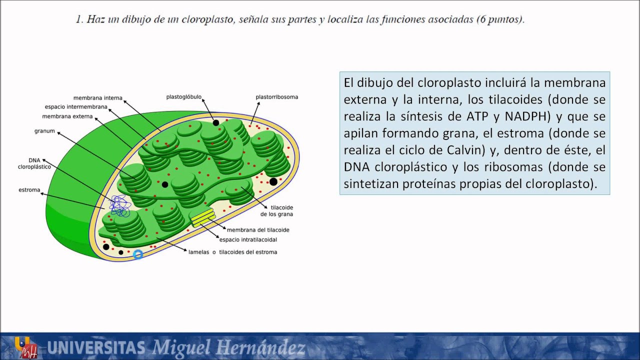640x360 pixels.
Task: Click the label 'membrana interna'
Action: click(97, 98)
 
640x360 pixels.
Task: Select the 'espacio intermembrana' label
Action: click(76, 107)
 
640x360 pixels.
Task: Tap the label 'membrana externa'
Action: click(67, 116)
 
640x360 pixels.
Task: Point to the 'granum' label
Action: click(44, 131)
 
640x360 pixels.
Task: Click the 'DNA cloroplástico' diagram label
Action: click(33, 163)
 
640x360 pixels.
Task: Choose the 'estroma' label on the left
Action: click(29, 190)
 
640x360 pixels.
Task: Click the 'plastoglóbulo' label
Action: click(184, 97)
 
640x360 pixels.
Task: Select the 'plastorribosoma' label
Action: click(276, 97)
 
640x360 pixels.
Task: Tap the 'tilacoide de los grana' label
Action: click(276, 210)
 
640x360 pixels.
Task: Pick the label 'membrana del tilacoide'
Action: click(258, 230)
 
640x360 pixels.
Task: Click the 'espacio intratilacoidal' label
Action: click(248, 240)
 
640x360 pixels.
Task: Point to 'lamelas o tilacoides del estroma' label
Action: click(232, 252)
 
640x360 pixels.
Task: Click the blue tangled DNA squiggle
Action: click(118, 205)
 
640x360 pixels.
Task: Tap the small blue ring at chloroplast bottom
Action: click(138, 254)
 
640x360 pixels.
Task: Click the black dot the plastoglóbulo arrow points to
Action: click(215, 122)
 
